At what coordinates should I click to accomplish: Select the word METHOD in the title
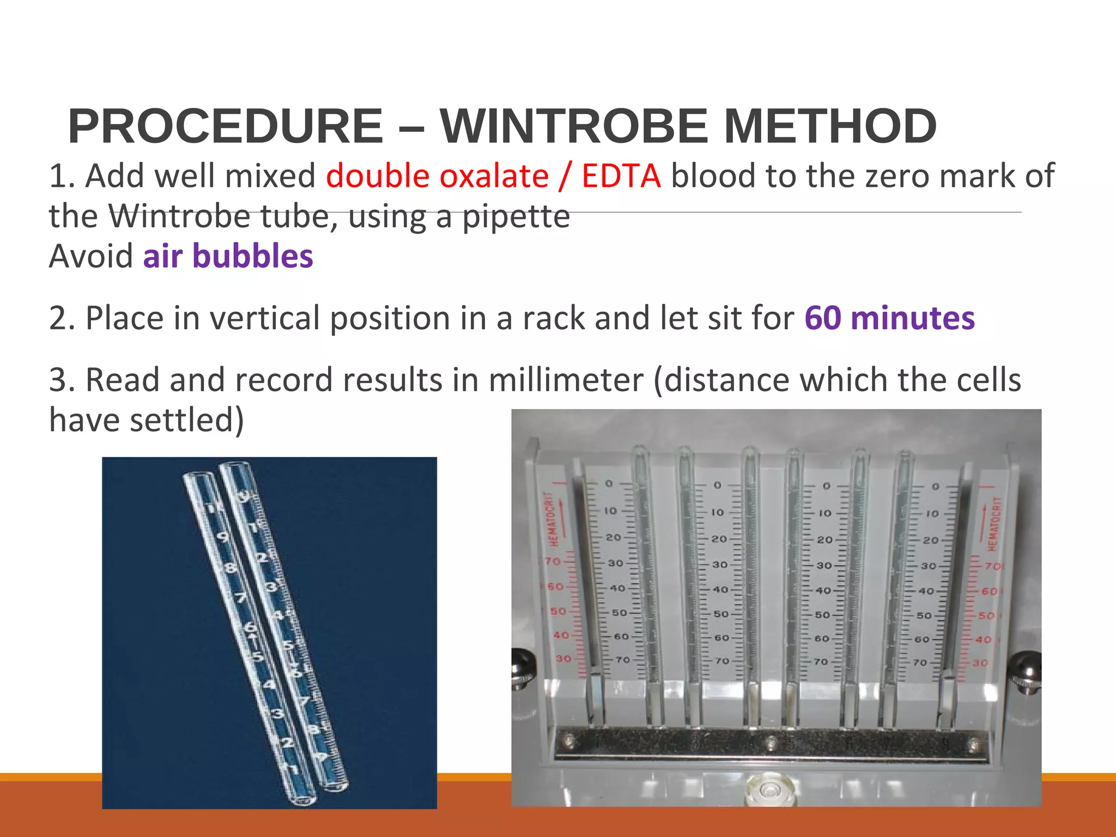(x=830, y=126)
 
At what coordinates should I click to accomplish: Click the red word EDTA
(x=621, y=176)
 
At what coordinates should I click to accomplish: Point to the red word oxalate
(x=494, y=176)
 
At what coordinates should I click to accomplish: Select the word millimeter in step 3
(x=566, y=380)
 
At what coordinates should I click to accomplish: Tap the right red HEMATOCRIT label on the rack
(x=995, y=523)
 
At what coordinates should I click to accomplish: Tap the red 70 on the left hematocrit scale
(x=553, y=561)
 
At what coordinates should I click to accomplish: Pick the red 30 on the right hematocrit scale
(x=980, y=663)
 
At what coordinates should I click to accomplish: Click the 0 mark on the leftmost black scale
(x=609, y=483)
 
